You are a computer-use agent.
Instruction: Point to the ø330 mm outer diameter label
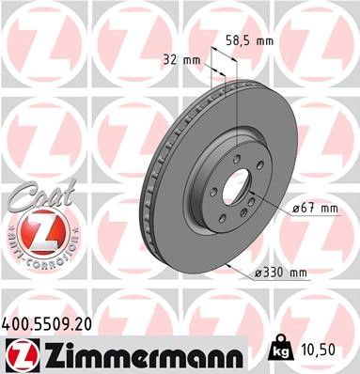tap(281, 273)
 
